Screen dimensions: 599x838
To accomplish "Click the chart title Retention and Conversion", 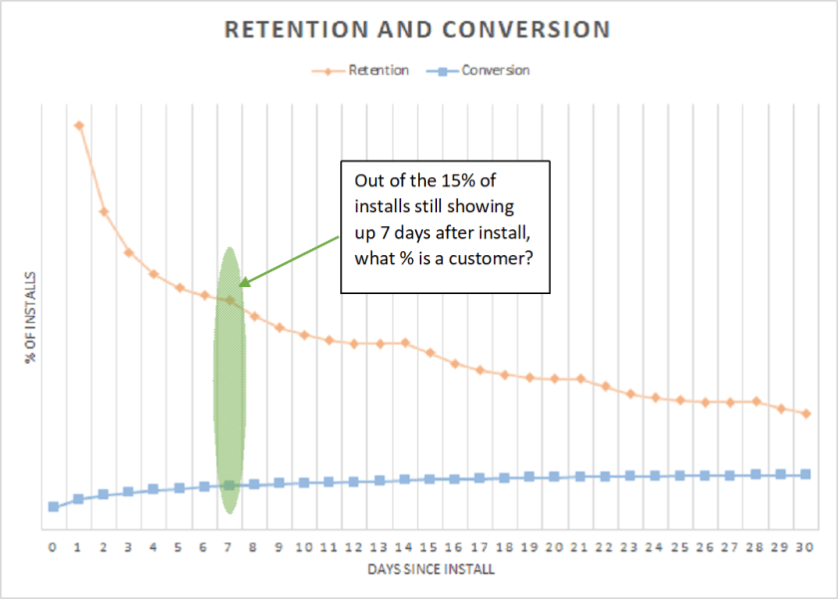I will click(x=417, y=30).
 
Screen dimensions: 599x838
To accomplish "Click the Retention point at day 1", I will click(x=79, y=126).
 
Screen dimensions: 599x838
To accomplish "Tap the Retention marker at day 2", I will click(x=104, y=212).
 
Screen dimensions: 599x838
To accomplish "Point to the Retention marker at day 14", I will click(x=405, y=343).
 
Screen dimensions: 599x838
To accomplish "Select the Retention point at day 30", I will click(x=806, y=413).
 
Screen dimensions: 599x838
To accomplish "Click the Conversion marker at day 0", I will click(x=53, y=507).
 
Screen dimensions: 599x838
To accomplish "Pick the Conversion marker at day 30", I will click(x=806, y=474).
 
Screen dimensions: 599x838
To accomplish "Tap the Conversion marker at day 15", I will click(x=430, y=479).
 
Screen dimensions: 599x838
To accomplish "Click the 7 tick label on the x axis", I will click(x=228, y=547).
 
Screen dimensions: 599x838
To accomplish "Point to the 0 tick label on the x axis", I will click(x=53, y=547).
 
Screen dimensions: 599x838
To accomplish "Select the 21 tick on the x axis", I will click(x=580, y=547).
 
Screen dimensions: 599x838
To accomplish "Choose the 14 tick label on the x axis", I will click(x=404, y=547).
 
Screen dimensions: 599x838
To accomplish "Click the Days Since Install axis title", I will click(x=429, y=570).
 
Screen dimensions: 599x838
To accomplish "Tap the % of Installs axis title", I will click(x=31, y=316).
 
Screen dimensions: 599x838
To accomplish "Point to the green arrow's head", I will click(x=241, y=284).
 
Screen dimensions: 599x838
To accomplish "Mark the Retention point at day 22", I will click(x=606, y=385).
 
